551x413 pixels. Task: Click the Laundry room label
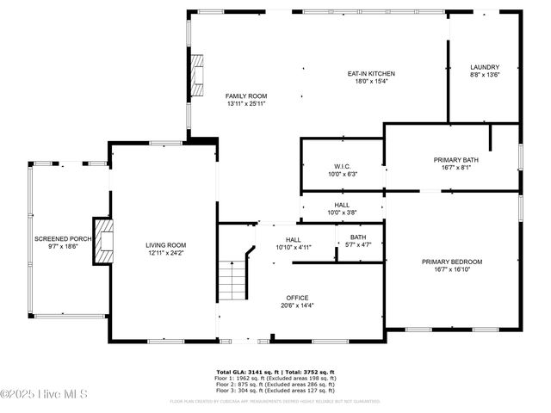(485, 67)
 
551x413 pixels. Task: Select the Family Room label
(246, 96)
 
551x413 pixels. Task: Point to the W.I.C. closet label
(342, 166)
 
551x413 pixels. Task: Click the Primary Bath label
(455, 160)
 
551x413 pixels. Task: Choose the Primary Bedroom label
(452, 262)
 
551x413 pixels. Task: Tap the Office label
(297, 298)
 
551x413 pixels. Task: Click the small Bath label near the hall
(357, 237)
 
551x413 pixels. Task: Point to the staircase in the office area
(232, 279)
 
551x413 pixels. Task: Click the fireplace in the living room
(104, 241)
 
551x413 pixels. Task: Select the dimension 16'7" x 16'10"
(452, 269)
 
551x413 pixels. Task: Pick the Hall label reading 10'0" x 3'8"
(342, 208)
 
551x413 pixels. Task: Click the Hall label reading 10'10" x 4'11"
(294, 243)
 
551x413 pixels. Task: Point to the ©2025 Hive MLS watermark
(39, 394)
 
